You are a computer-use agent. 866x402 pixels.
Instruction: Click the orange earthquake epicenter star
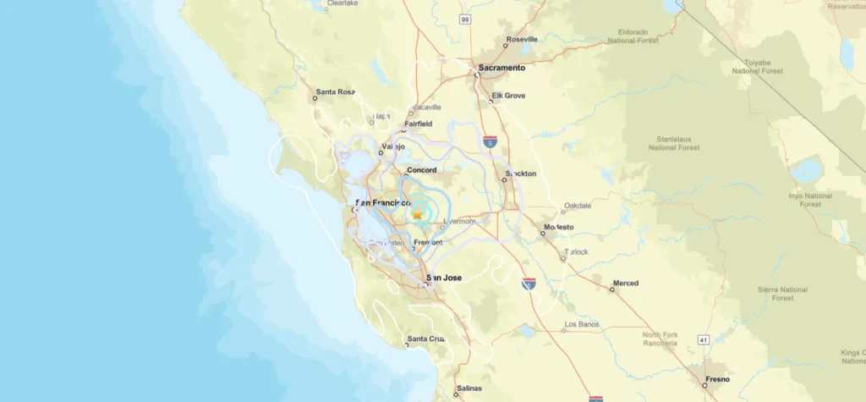417,215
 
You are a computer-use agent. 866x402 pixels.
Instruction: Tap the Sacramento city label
502,67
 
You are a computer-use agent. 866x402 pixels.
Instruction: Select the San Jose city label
444,278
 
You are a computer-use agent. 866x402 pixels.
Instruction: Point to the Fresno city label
716,378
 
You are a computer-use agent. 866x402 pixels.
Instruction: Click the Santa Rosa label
335,92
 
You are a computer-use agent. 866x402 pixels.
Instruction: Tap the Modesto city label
558,227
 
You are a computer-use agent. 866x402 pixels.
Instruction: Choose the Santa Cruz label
425,339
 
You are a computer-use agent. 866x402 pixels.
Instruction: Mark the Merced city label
626,283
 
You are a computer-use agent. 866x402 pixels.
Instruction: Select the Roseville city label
521,40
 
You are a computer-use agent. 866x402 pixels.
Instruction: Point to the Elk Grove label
508,96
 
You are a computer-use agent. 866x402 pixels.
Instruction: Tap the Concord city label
421,170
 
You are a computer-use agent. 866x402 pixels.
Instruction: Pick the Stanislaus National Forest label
674,142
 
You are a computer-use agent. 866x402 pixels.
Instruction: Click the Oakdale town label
578,205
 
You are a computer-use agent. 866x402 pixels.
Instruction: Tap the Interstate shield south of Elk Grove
491,142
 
